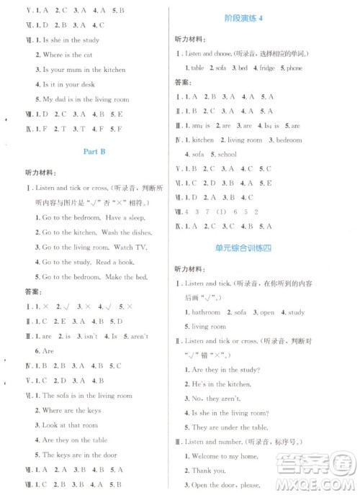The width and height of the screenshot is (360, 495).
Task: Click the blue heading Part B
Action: click(x=94, y=151)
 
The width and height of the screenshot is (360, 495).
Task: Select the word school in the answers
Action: click(x=227, y=155)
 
